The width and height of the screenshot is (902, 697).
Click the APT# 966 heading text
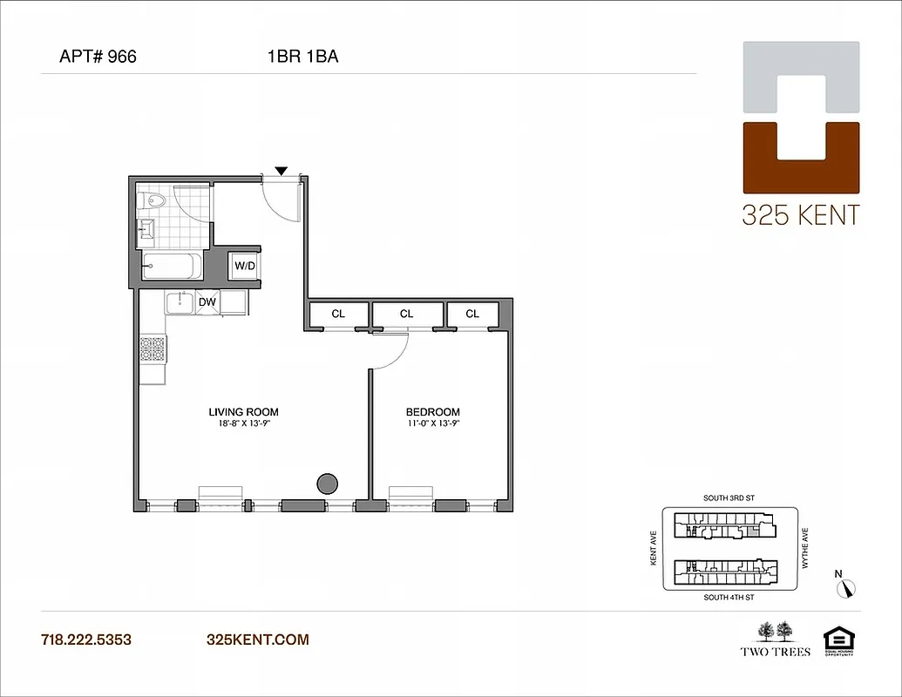point(98,58)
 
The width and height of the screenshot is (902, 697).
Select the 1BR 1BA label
point(302,58)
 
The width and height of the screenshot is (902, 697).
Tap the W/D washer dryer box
point(245,266)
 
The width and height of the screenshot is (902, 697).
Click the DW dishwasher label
point(207,302)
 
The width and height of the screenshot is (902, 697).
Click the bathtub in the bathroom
point(172,266)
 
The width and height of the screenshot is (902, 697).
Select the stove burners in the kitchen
point(152,349)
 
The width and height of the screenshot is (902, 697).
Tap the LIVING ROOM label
point(243,412)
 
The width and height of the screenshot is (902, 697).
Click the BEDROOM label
point(432,412)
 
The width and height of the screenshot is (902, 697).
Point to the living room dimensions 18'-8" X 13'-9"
point(243,424)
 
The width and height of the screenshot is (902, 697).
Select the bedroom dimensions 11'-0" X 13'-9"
point(432,424)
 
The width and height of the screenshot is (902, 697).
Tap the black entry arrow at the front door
point(281,171)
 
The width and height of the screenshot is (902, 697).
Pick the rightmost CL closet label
point(472,314)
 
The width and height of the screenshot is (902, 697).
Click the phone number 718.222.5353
point(86,639)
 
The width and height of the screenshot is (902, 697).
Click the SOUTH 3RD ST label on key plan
point(728,498)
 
